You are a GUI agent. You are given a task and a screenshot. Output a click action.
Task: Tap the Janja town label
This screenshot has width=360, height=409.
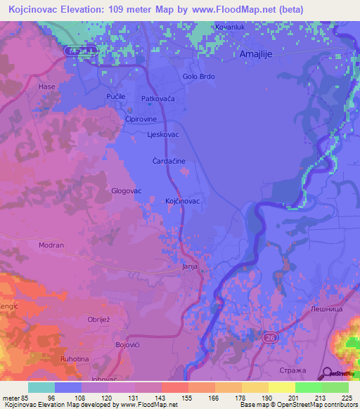coord(190,267)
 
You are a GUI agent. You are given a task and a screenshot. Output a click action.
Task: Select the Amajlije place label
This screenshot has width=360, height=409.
coord(255,53)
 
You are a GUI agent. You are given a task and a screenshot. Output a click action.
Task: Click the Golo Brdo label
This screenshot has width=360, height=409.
coord(198,77)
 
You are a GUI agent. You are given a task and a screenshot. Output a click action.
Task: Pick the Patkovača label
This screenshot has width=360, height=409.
coord(157,99)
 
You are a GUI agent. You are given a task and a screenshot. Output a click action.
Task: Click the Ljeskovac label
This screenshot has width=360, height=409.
coord(162,134)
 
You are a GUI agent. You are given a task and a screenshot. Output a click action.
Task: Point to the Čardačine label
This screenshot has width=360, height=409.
coord(169,161)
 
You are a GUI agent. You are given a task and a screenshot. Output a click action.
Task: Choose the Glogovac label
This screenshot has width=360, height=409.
coord(127,190)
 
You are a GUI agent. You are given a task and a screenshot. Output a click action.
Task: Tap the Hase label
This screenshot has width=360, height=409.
coord(47,86)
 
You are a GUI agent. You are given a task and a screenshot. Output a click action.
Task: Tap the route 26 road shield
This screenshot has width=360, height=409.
coord(269,338)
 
